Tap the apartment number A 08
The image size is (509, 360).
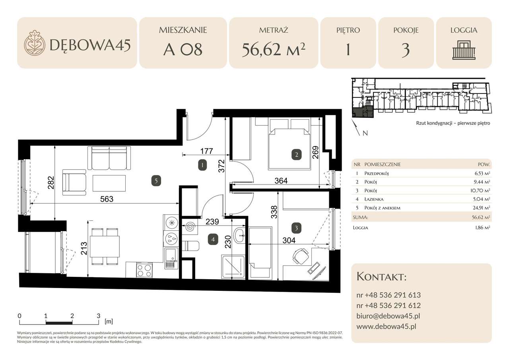click(183, 50)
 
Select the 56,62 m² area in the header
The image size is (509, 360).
click(274, 50)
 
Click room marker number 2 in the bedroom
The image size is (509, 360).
click(296, 155)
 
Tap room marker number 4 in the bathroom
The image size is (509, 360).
click(214, 239)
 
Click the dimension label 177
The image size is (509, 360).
click(207, 151)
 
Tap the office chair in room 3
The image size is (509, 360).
click(301, 255)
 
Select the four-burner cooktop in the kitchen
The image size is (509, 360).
click(144, 270)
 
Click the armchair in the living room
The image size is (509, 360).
click(74, 182)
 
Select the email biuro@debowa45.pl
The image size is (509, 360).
click(389, 316)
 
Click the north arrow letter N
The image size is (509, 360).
click(365, 134)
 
